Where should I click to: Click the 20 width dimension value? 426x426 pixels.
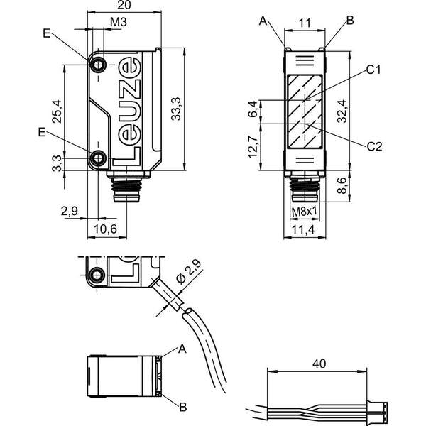pos(124,5)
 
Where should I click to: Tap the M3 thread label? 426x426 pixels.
pos(119,22)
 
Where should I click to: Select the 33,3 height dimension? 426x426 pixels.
pos(176,109)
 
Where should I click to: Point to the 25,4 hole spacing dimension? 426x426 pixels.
pos(57,111)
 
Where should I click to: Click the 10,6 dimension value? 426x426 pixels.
pos(105,229)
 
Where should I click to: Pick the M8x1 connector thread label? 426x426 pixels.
pos(305,212)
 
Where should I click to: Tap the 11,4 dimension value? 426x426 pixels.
pos(303,230)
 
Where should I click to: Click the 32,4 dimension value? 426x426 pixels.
pos(342,111)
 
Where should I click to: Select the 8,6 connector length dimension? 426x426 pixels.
pos(342,185)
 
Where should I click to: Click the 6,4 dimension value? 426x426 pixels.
pos(252,109)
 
